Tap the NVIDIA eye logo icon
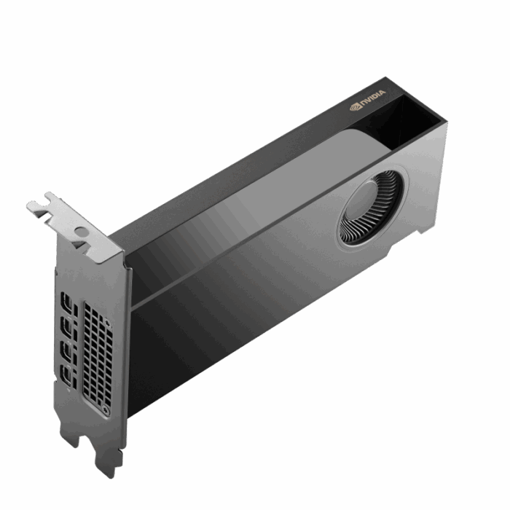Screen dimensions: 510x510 click(356, 106)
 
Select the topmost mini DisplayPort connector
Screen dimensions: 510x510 click(67, 303)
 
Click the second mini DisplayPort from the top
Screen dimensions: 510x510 click(67, 329)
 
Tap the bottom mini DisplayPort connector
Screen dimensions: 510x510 click(67, 378)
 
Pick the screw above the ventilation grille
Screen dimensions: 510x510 click(108, 323)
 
